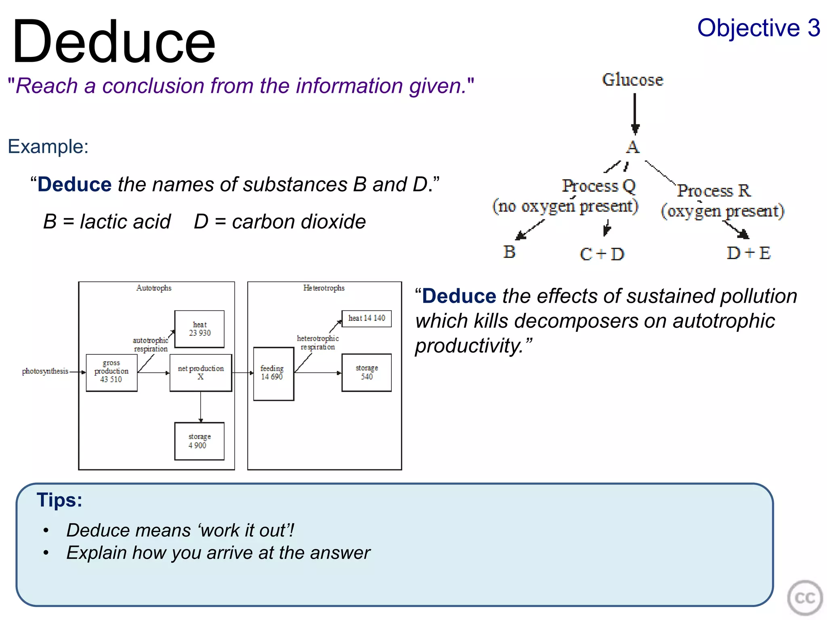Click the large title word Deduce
click(114, 42)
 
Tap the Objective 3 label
click(758, 28)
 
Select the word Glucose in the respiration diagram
click(632, 80)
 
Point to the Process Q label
click(599, 186)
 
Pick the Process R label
click(714, 191)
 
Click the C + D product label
click(602, 254)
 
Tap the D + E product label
click(749, 253)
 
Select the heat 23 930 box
click(199, 329)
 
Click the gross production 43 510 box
click(111, 372)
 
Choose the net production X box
click(201, 373)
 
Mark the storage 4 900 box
click(199, 441)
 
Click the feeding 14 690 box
click(273, 373)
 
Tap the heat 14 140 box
click(366, 318)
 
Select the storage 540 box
click(366, 373)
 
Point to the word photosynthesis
click(45, 371)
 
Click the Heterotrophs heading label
click(324, 288)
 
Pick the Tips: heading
click(59, 500)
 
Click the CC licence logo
click(804, 598)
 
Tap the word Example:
click(48, 146)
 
